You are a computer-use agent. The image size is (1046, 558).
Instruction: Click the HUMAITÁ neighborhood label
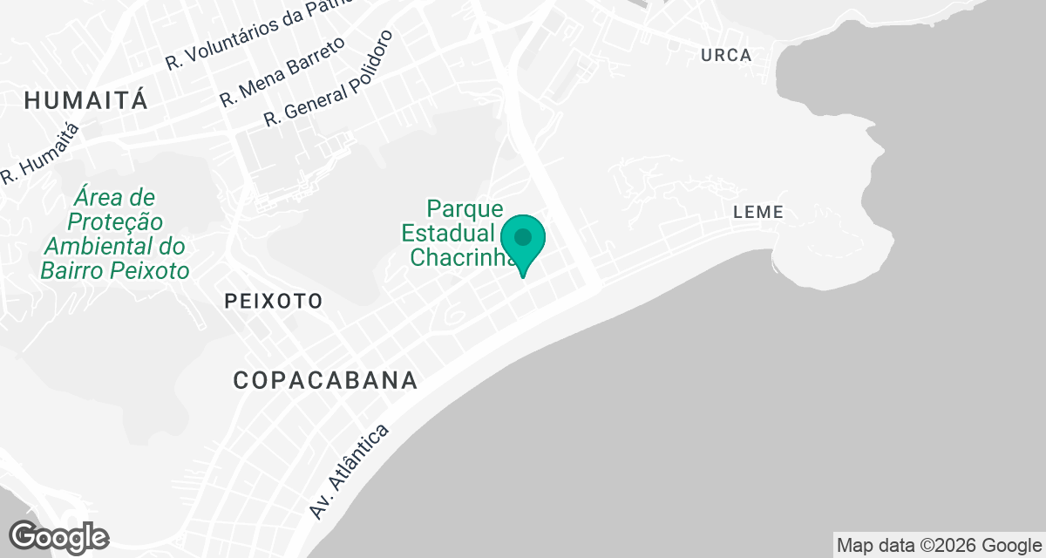click(85, 100)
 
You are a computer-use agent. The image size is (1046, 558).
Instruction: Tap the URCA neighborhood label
click(725, 56)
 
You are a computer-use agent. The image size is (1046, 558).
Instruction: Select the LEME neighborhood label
click(758, 212)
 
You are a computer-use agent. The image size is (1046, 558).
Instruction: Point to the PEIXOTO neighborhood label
click(273, 302)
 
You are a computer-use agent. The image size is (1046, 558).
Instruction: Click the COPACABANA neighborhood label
click(325, 381)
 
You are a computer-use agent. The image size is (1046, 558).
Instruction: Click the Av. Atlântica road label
click(349, 472)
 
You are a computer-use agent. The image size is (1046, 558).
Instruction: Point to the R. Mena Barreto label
click(282, 71)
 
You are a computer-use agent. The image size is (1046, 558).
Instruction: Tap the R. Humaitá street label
click(40, 153)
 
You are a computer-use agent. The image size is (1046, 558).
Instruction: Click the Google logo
click(58, 536)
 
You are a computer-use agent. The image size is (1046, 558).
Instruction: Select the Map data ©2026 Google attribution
click(939, 546)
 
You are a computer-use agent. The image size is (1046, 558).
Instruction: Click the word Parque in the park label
click(465, 209)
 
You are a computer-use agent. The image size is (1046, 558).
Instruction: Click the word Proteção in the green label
click(114, 221)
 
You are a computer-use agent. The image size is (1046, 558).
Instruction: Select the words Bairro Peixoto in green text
click(115, 270)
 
